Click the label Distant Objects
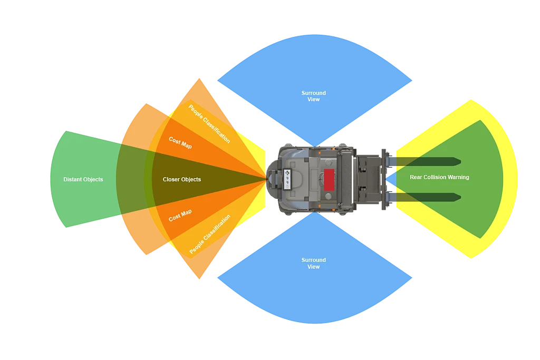tap(83, 179)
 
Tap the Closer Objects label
tap(181, 179)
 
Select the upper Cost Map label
tap(180, 142)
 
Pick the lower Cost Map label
tap(180, 216)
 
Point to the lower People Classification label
tap(210, 235)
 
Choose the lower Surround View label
tap(313, 263)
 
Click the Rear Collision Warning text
tap(439, 177)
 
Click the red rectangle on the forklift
tap(330, 180)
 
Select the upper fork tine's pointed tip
tap(460, 161)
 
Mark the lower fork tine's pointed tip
tap(460, 197)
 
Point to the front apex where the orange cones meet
tap(266, 179)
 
